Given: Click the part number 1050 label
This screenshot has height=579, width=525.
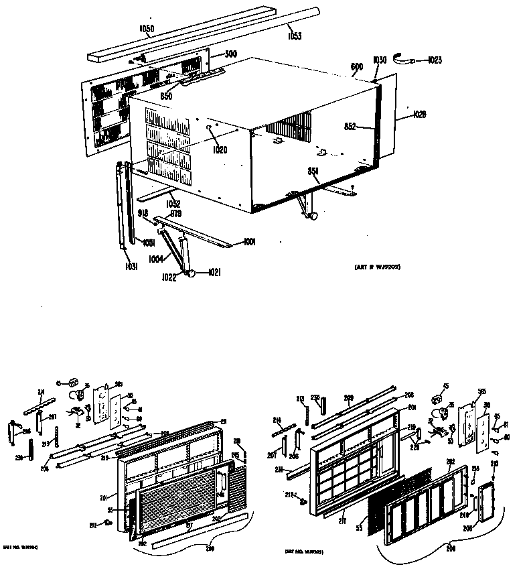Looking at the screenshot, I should pos(147,30).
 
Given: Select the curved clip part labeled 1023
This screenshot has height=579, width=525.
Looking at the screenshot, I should pos(403,60).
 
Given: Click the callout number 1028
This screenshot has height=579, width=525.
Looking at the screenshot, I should pos(419,114).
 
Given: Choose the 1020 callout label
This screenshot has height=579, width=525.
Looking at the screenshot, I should pos(220,149).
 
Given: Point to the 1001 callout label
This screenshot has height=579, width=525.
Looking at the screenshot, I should pos(250,241).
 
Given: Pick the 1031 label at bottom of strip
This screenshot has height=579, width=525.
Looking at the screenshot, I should pos(131,267).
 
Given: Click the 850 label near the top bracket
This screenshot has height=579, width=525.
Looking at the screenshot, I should pos(166,96).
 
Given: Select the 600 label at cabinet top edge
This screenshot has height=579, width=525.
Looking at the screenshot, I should pos(356,66).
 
